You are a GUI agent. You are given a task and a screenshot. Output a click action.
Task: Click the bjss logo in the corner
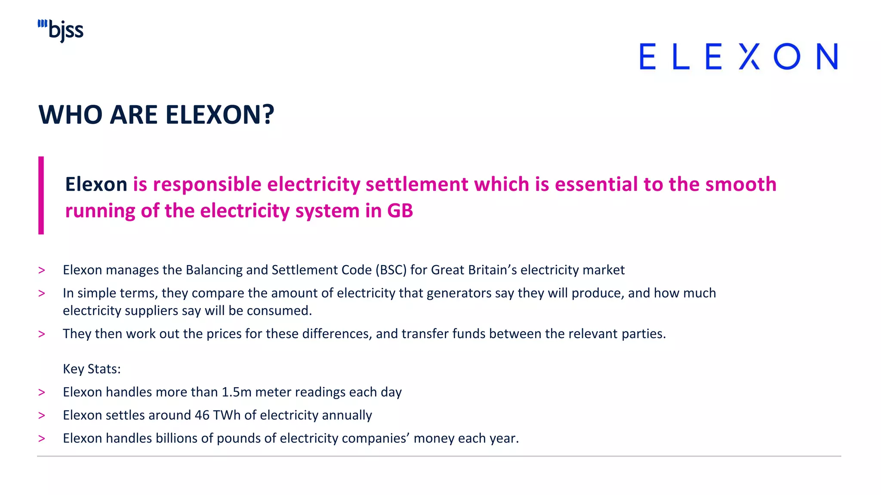[61, 31]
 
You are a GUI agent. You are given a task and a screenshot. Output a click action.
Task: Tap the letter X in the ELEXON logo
[749, 56]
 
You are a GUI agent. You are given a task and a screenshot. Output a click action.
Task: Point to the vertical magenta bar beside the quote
[41, 195]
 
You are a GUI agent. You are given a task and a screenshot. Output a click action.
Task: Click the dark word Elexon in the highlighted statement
[96, 184]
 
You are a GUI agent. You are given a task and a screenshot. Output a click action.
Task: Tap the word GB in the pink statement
[400, 211]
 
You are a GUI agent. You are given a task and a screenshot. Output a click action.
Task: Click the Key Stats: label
[92, 369]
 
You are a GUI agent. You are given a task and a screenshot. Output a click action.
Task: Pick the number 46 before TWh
[202, 416]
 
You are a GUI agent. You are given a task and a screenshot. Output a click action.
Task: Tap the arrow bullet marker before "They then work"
[42, 334]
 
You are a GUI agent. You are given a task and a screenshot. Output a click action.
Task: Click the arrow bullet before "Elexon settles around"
[42, 416]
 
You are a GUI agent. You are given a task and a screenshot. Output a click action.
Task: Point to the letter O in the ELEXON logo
[787, 56]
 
